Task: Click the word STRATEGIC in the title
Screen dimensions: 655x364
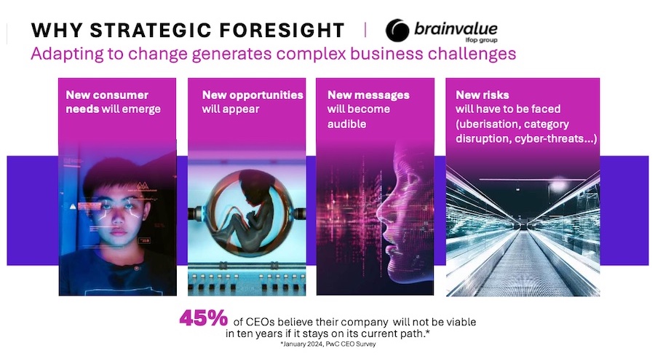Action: coord(151,30)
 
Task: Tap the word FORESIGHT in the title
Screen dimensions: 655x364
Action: coord(282,30)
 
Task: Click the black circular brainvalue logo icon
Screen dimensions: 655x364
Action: coord(397,30)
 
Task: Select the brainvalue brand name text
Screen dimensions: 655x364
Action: coord(456,28)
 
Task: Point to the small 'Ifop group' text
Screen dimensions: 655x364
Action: coord(481,40)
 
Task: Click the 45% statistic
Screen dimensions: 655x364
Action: coord(204,318)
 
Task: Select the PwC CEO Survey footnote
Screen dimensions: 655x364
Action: coord(328,344)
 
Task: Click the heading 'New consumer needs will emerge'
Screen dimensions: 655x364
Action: coord(114,102)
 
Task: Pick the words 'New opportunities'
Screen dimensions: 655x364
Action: coord(253,95)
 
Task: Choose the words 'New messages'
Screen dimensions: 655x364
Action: coord(368,95)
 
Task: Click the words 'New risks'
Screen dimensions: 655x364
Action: coord(483,95)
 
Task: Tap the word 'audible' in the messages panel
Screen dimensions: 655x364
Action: coord(346,124)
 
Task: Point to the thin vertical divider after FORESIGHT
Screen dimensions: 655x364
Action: coord(365,30)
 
